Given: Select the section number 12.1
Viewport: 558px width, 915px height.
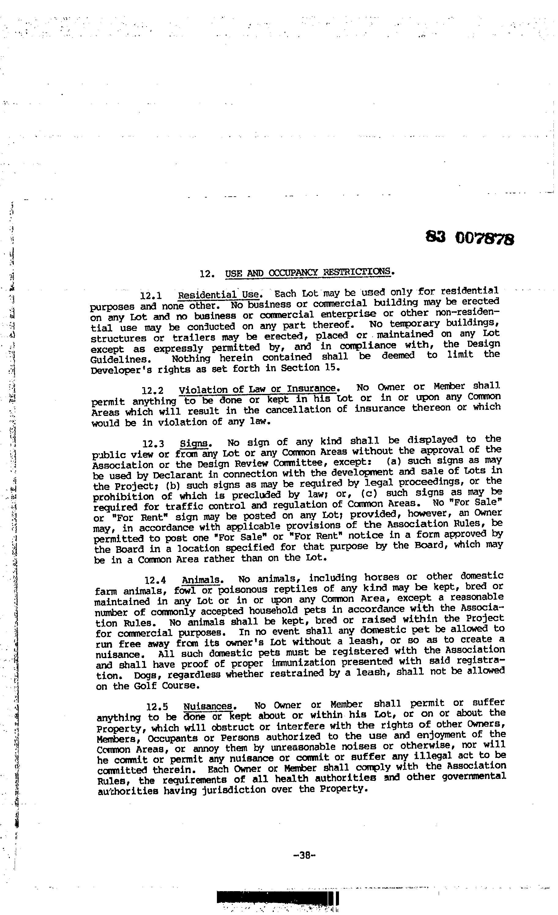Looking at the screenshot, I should [x=151, y=296].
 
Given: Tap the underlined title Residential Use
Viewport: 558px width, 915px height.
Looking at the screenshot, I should [x=218, y=295].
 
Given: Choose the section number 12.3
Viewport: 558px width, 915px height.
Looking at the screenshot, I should [x=154, y=444].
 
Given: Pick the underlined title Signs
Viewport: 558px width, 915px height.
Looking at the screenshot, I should [x=194, y=443].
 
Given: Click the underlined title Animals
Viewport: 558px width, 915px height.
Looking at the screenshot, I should [x=201, y=580].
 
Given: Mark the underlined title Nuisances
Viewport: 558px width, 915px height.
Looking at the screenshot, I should [x=208, y=706].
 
